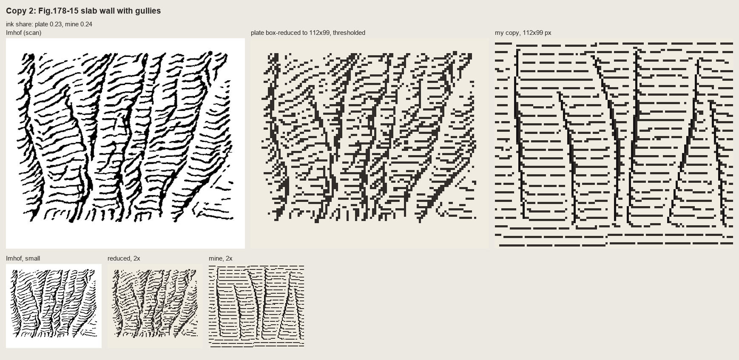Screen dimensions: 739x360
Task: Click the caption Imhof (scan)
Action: (24, 33)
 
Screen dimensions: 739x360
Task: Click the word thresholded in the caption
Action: (349, 33)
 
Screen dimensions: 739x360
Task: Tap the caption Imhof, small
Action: (23, 258)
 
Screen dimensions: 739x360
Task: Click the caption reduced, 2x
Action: (124, 258)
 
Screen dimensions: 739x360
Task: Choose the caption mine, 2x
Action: (221, 258)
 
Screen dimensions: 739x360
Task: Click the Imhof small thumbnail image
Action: (54, 306)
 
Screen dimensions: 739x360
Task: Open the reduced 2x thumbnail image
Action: (155, 306)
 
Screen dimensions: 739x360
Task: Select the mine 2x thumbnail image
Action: (256, 306)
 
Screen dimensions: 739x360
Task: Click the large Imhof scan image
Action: (125, 144)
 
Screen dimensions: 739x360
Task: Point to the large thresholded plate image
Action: (370, 144)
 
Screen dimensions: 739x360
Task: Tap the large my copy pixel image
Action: (614, 144)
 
